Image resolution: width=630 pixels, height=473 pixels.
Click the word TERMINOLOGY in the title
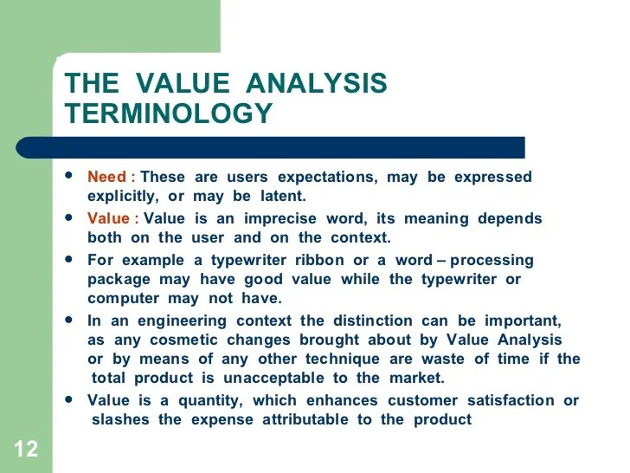(169, 113)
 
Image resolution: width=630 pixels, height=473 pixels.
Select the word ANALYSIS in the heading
(317, 84)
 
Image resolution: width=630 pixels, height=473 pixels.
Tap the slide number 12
(26, 450)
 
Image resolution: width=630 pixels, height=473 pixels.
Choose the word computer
(120, 298)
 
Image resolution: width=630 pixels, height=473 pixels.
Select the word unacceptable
(275, 378)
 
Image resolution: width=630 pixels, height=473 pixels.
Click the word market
(415, 378)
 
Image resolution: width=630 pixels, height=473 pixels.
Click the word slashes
(121, 419)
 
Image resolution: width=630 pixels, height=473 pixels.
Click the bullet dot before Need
(69, 175)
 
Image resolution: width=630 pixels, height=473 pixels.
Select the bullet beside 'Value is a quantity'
(69, 398)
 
